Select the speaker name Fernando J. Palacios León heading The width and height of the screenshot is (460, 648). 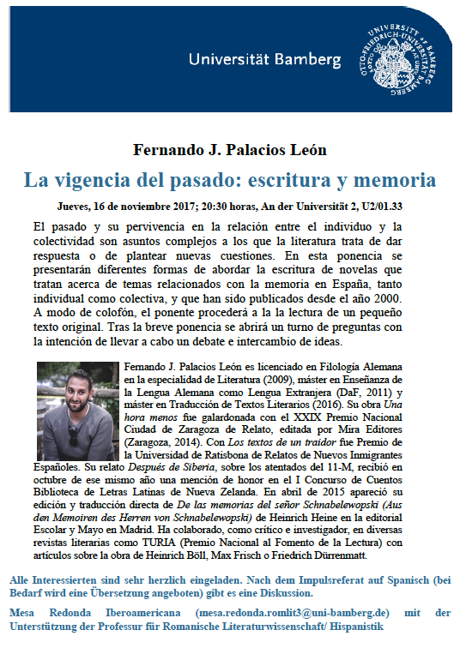tap(230, 151)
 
